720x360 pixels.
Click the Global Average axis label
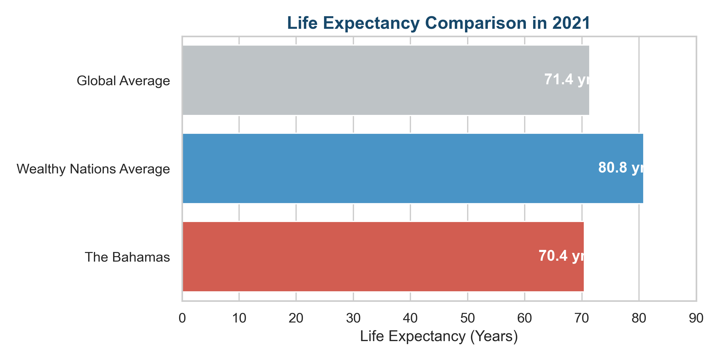(x=123, y=81)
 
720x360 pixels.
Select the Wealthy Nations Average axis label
(x=93, y=169)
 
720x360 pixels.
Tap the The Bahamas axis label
(x=127, y=257)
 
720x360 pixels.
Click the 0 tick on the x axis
(x=182, y=318)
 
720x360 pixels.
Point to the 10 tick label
(x=239, y=318)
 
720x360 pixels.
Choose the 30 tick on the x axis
(x=353, y=318)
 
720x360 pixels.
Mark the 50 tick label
(x=467, y=318)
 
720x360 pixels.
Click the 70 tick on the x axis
(x=582, y=318)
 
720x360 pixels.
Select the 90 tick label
(x=696, y=318)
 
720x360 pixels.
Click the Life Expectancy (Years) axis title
(x=439, y=336)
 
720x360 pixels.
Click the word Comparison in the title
(x=476, y=23)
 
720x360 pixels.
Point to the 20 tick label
(x=296, y=318)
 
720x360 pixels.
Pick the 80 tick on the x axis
(x=639, y=318)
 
